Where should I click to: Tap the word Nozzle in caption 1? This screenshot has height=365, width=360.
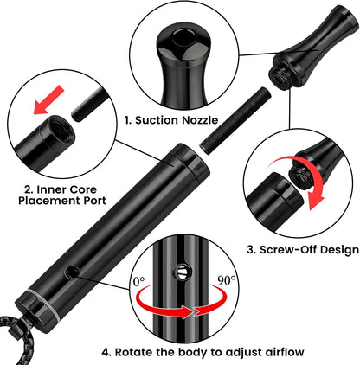[x=200, y=120]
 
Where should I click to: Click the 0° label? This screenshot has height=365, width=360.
[x=139, y=281]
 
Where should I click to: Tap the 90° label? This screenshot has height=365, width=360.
[x=226, y=280]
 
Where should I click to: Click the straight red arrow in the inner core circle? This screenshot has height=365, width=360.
[x=48, y=100]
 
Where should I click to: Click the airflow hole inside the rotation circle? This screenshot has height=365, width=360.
[x=182, y=272]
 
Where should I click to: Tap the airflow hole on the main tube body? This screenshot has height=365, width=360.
[x=71, y=272]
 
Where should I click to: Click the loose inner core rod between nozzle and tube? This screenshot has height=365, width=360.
[x=236, y=121]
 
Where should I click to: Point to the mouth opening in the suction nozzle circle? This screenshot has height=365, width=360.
[x=183, y=37]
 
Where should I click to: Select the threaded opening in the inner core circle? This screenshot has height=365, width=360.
[x=61, y=129]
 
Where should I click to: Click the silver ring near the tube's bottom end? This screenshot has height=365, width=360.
[x=45, y=305]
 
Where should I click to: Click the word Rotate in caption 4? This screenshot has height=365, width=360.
[x=134, y=352]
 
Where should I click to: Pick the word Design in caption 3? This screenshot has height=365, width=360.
[x=341, y=249]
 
